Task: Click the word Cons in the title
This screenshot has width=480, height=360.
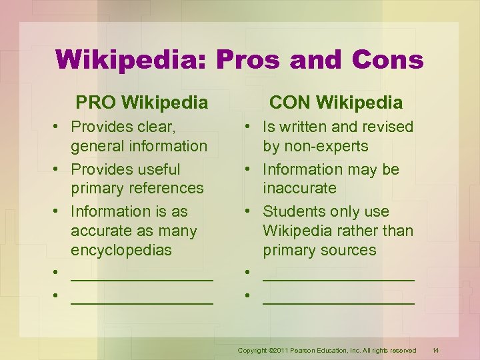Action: (389, 60)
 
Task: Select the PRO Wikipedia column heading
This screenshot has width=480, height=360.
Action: (141, 103)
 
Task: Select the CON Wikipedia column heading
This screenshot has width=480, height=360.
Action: (335, 103)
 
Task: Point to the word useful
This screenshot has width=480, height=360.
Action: (155, 169)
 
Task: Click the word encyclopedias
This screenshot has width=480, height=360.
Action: (121, 250)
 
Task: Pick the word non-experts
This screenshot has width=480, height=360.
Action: (327, 146)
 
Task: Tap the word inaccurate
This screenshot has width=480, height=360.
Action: (299, 188)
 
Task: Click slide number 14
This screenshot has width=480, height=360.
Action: (436, 350)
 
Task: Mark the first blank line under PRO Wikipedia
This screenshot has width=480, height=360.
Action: (142, 277)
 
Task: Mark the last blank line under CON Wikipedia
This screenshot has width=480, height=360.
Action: (339, 299)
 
